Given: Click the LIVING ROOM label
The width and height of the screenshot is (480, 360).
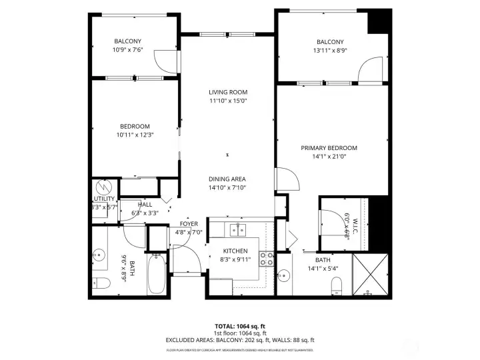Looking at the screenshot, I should [228, 92].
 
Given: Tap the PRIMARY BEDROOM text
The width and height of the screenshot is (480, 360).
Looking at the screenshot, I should [329, 148].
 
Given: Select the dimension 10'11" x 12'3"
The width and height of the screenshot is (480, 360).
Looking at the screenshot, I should [135, 135].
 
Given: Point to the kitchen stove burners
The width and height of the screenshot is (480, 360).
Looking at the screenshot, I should [266, 259].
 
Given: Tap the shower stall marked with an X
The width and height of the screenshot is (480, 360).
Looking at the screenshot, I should [369, 275].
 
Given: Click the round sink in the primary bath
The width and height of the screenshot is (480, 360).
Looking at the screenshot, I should [285, 275].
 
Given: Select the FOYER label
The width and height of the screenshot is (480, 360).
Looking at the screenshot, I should [188, 224].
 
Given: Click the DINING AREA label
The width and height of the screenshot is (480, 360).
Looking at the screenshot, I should [227, 179].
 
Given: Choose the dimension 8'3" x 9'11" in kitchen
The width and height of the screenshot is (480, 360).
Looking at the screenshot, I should [234, 260].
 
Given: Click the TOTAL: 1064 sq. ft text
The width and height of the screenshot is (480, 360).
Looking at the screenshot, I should [239, 326].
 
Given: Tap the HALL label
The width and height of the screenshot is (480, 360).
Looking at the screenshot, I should [145, 205].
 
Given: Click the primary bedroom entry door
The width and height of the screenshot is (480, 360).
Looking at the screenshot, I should [285, 179].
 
